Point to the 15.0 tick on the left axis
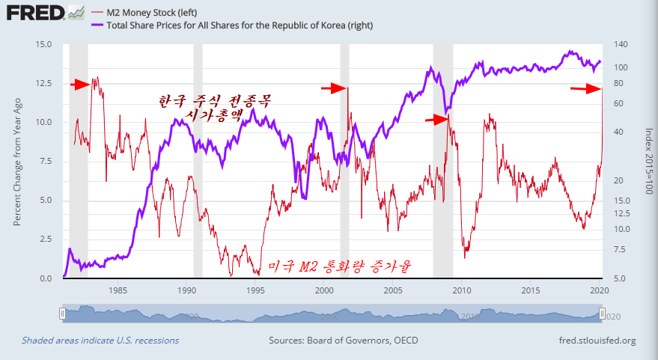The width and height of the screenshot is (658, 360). pos(43,44)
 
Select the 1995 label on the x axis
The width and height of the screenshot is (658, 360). pos(256,289)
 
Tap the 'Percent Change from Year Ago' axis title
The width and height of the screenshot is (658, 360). pos(17,161)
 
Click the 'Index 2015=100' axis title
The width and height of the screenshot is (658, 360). pos(648,161)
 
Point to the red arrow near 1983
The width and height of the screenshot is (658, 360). pos(79,85)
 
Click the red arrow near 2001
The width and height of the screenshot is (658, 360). pos(333,88)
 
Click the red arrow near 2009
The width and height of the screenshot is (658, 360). pos(436,119)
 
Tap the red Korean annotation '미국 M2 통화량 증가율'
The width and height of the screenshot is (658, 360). pos(341,266)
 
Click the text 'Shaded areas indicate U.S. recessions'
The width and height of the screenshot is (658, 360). pos(100,341)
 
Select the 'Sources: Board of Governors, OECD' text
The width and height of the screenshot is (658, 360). pos(343,341)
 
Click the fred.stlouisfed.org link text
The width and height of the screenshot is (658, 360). pos(597,341)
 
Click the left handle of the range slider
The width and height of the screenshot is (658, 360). pos(64,314)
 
